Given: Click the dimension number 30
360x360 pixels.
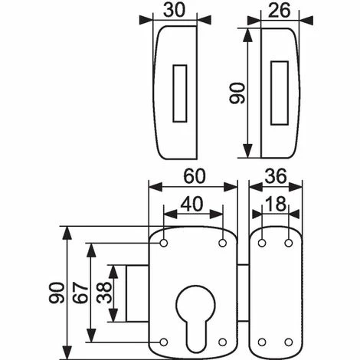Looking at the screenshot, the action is (174, 11).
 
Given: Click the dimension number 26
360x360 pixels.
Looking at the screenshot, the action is (280, 11).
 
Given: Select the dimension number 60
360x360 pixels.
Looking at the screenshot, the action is (195, 176).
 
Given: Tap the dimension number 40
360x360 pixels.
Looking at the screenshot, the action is (191, 205).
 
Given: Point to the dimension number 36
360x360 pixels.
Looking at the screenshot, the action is (276, 176).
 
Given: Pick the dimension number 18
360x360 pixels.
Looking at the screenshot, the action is (276, 205).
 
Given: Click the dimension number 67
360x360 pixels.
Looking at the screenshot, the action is (80, 293).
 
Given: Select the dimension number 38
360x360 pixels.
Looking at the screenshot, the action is (104, 293).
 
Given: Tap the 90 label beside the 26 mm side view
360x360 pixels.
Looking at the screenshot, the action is (237, 93).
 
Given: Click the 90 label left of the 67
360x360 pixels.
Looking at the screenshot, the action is (56, 293).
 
